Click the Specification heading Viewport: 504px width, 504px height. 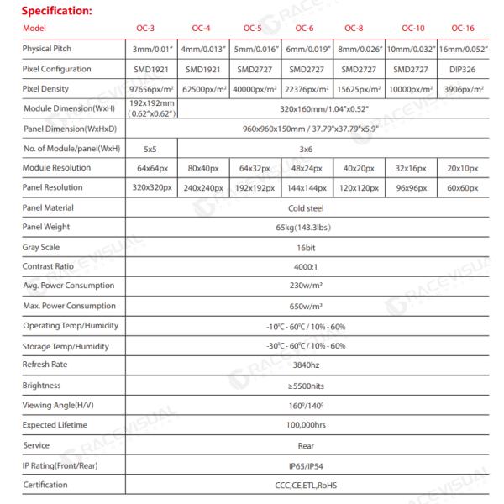[x=57, y=11]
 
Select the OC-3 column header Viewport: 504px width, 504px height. [x=144, y=29]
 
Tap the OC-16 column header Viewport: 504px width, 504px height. [x=469, y=29]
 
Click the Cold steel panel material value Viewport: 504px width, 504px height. [x=313, y=207]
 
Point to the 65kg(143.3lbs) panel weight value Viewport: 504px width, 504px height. [x=313, y=227]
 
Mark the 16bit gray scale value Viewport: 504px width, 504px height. [x=313, y=247]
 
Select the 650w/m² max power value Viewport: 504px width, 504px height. [x=313, y=306]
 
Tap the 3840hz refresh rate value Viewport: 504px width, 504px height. [x=313, y=365]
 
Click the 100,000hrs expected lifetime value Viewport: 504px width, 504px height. [x=313, y=425]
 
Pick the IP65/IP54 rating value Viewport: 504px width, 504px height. [x=313, y=465]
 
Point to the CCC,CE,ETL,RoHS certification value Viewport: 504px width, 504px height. [x=313, y=485]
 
